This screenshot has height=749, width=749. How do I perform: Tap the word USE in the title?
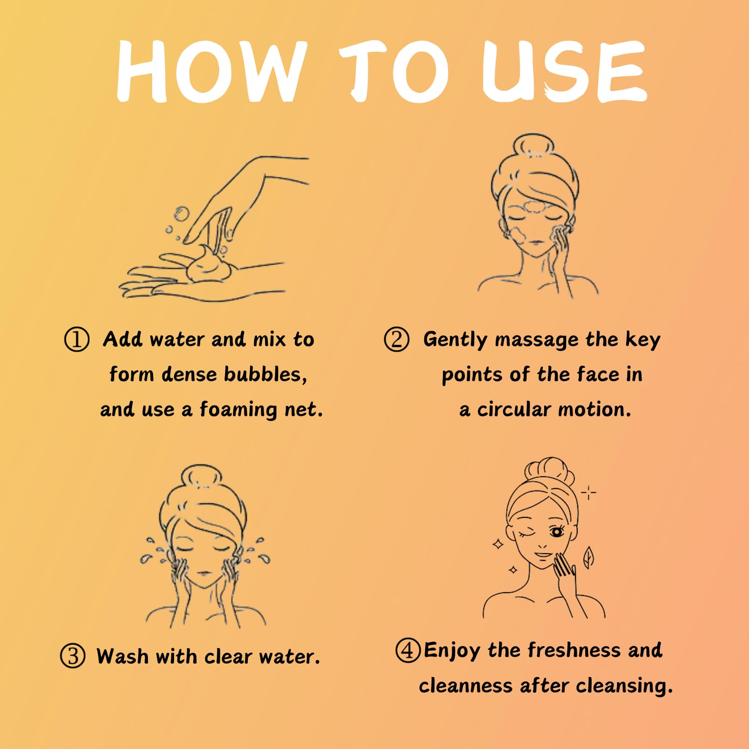click(x=564, y=71)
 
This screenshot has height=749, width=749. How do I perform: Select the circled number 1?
click(x=77, y=339)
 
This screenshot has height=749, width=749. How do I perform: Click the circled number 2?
click(x=397, y=339)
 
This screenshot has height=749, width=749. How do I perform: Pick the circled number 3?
click(x=73, y=656)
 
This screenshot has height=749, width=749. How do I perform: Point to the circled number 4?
click(x=408, y=650)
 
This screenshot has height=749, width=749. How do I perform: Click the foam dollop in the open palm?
click(x=208, y=265)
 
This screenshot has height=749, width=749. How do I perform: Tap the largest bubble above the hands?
click(x=182, y=214)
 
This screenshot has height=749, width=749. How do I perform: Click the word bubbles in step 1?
click(x=266, y=374)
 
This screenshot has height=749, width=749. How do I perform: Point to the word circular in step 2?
click(x=514, y=409)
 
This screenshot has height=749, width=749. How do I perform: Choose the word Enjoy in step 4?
click(x=452, y=651)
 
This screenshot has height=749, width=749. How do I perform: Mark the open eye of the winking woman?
click(x=556, y=532)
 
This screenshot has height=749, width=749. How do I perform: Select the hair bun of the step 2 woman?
click(x=533, y=145)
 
